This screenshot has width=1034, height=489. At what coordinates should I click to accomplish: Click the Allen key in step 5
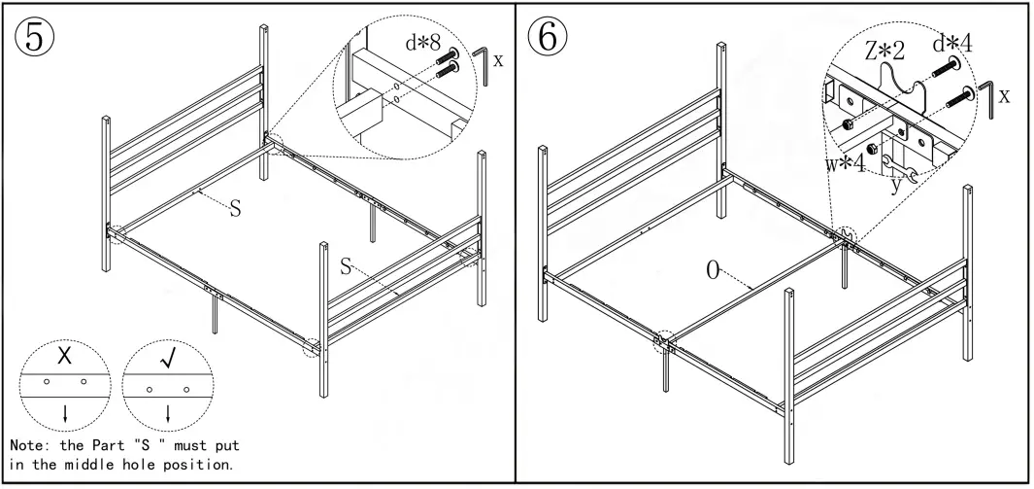coord(481,64)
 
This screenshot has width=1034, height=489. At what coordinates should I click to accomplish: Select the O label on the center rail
coord(714,270)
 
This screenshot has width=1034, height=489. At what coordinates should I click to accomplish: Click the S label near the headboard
coord(234,207)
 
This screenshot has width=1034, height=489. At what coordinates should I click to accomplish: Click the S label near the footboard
coord(346,266)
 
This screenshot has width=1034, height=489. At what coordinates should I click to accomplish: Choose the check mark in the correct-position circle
coord(167,360)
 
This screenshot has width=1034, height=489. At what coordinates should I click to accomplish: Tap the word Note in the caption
coord(29,445)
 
